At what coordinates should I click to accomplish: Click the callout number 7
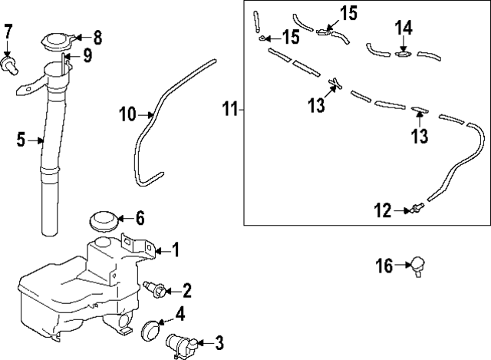tap(9, 32)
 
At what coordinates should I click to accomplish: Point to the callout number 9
tap(87, 55)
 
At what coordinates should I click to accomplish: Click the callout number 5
tap(21, 140)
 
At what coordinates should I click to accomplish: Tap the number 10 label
tap(127, 115)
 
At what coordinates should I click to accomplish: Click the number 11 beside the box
tap(230, 109)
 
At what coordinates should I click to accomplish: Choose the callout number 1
tap(175, 249)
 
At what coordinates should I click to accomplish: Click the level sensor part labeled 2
tap(157, 289)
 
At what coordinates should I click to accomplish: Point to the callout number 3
tap(220, 342)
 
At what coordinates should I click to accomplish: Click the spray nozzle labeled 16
tap(419, 266)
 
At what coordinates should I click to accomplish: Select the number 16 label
tap(384, 266)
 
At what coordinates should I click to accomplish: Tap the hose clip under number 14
tap(403, 54)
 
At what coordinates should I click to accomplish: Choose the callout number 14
tap(404, 28)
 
